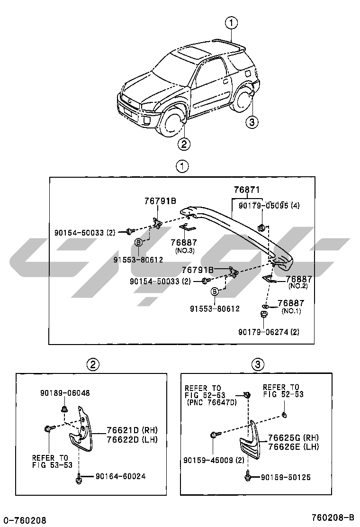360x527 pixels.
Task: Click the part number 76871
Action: pyautogui.click(x=247, y=190)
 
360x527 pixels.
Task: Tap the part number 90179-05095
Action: pyautogui.click(x=263, y=205)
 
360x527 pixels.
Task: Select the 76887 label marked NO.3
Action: pyautogui.click(x=184, y=242)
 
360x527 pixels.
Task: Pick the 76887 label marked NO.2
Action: pyautogui.click(x=298, y=279)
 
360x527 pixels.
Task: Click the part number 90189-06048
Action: pyautogui.click(x=65, y=393)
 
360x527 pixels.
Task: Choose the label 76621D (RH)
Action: pyautogui.click(x=132, y=430)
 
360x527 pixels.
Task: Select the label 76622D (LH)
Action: pyautogui.click(x=132, y=440)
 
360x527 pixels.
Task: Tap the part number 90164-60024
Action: pyautogui.click(x=121, y=476)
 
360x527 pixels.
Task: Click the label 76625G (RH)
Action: pyautogui.click(x=293, y=437)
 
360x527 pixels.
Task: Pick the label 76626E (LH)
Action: pyautogui.click(x=293, y=446)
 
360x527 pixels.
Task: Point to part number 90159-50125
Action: pyautogui.click(x=286, y=477)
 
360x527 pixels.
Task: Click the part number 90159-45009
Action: pyautogui.click(x=208, y=460)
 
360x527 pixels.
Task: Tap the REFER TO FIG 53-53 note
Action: pyautogui.click(x=52, y=462)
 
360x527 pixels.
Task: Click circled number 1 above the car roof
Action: pyautogui.click(x=231, y=23)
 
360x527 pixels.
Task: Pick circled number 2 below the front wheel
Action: pyautogui.click(x=184, y=144)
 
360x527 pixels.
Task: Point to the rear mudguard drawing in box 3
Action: pyautogui.click(x=250, y=440)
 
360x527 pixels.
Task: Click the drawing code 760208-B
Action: pyautogui.click(x=333, y=517)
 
